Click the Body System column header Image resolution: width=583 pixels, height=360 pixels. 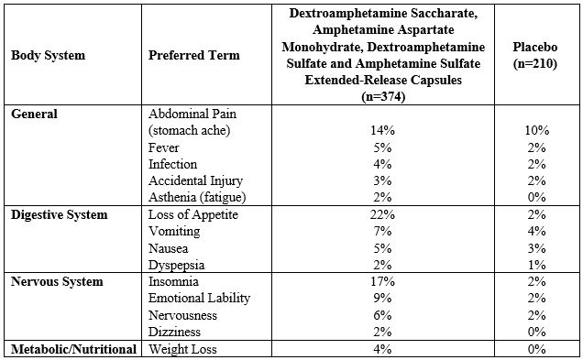pos(48,55)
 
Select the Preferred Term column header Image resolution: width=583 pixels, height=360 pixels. pos(193,55)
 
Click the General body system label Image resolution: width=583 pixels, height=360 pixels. pos(34,114)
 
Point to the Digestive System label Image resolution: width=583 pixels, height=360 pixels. pos(59,214)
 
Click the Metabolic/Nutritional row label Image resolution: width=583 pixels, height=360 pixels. pos(73,349)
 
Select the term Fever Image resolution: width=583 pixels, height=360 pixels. pos(164,147)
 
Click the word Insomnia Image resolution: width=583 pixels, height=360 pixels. pos(173,281)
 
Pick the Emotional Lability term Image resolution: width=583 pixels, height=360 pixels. pos(199,298)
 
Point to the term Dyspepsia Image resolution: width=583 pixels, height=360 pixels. pos(176,265)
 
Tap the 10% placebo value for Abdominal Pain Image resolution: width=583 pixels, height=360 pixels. pos(536,130)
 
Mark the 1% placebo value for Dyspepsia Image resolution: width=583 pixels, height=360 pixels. pos(536,265)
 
